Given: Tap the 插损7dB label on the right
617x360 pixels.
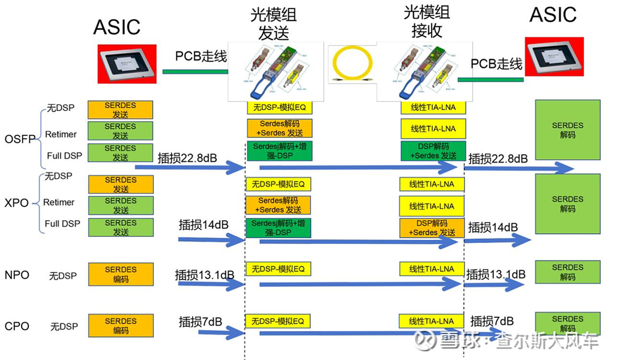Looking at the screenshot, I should pyautogui.click(x=492, y=321).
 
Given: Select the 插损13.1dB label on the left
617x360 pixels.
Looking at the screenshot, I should pyautogui.click(x=204, y=275).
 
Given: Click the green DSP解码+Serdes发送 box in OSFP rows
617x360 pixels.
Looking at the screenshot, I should pyautogui.click(x=433, y=151).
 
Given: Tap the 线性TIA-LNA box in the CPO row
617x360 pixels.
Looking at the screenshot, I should pyautogui.click(x=432, y=322).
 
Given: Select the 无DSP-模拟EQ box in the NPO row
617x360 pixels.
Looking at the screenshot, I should pyautogui.click(x=278, y=269).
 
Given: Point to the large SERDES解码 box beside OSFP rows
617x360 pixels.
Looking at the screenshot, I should pyautogui.click(x=567, y=130).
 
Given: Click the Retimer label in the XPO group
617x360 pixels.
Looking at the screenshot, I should pyautogui.click(x=59, y=203).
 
